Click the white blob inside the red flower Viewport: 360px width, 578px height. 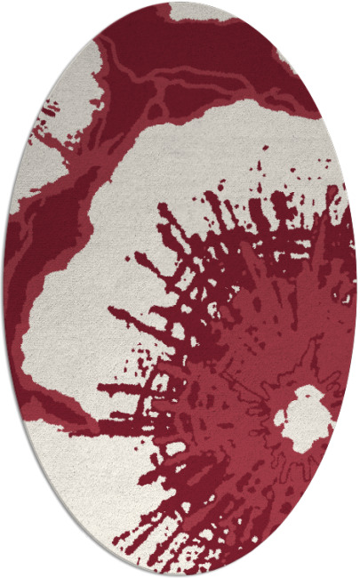[x=302, y=416]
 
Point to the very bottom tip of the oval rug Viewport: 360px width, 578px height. [x=180, y=574]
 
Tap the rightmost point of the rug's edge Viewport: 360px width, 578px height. [x=357, y=289]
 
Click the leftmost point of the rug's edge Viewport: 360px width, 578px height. [x=3, y=289]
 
